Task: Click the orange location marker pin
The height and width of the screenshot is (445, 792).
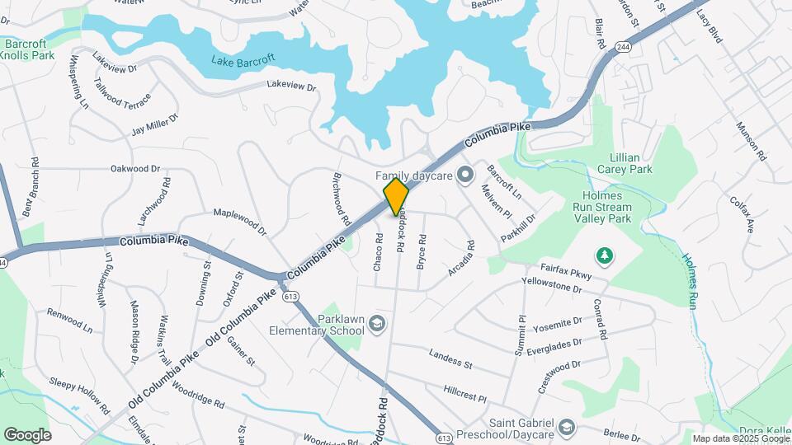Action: [396, 196]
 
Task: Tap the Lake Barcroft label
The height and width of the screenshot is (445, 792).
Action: [243, 60]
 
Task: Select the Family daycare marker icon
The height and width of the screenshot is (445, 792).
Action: [464, 175]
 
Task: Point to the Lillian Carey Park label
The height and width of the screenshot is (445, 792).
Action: [630, 162]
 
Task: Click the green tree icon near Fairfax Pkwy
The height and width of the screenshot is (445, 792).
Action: [605, 255]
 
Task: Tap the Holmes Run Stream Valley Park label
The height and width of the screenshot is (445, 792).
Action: [613, 213]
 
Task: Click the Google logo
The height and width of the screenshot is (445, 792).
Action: [27, 434]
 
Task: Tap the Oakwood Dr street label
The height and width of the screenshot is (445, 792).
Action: [135, 169]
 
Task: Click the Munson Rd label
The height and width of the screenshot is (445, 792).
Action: [751, 142]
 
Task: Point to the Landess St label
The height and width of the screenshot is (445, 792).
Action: [450, 358]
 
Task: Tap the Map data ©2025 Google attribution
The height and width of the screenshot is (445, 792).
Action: [740, 438]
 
